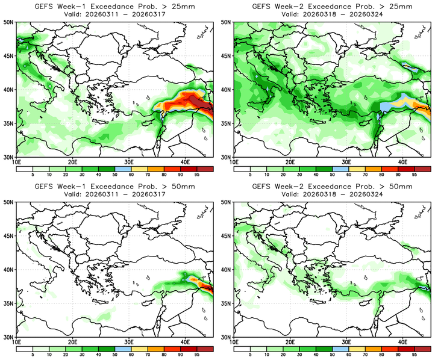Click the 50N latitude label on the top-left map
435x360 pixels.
[x=8, y=22]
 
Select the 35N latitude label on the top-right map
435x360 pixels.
[x=226, y=123]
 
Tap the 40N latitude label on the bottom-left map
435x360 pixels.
[x=8, y=270]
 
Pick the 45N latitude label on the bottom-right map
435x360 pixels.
[x=226, y=236]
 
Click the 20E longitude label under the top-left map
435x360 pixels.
[x=73, y=162]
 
